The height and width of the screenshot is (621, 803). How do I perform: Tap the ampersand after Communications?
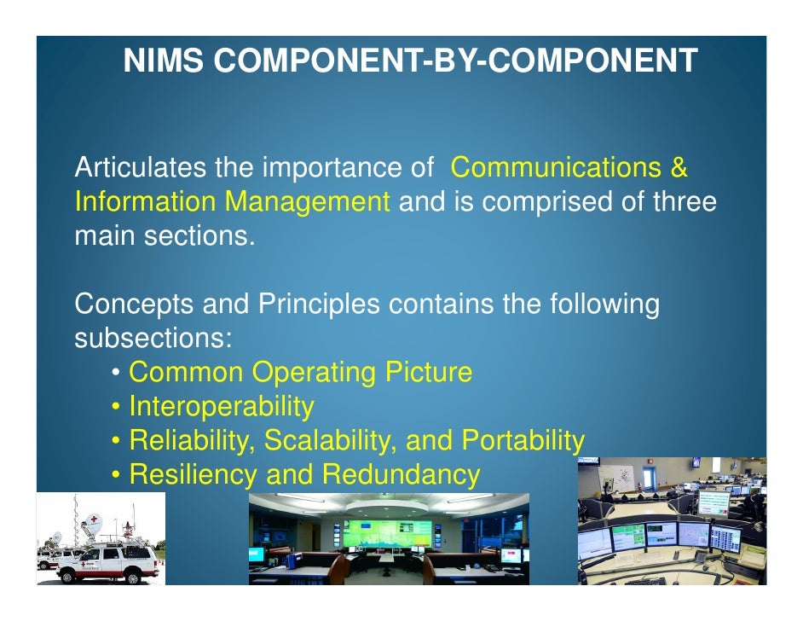click(x=679, y=168)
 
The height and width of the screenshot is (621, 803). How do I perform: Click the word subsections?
click(x=153, y=339)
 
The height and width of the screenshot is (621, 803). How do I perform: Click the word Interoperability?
click(x=221, y=407)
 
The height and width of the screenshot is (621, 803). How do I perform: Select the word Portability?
click(x=523, y=441)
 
